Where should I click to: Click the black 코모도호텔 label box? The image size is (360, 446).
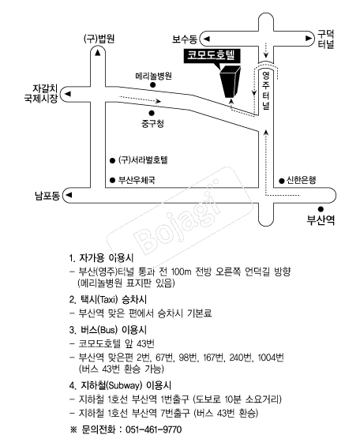[212, 56]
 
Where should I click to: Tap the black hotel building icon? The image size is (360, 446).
[231, 81]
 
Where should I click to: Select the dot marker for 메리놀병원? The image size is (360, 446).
[153, 84]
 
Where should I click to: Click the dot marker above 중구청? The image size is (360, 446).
[152, 113]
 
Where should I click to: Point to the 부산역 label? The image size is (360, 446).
[321, 220]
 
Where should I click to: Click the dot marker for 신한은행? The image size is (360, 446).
[282, 181]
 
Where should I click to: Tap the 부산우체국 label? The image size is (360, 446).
[137, 180]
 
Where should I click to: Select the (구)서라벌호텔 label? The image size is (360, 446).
[143, 160]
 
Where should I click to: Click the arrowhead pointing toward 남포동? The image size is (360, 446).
[69, 195]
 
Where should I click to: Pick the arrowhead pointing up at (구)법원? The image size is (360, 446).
[98, 53]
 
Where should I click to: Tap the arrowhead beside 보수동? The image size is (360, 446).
[207, 39]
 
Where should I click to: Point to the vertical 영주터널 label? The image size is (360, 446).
[266, 91]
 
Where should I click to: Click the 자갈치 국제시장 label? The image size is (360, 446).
[41, 93]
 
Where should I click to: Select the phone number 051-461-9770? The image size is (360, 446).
[154, 429]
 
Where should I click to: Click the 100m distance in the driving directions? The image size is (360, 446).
[182, 272]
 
